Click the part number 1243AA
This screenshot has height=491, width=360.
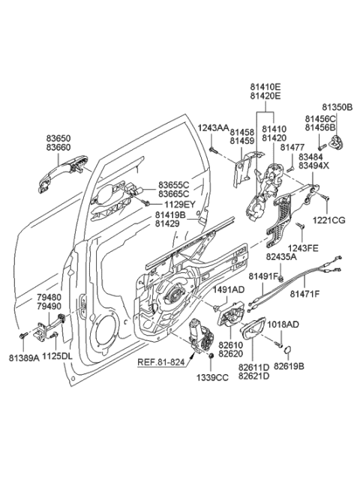pyautogui.click(x=213, y=128)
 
